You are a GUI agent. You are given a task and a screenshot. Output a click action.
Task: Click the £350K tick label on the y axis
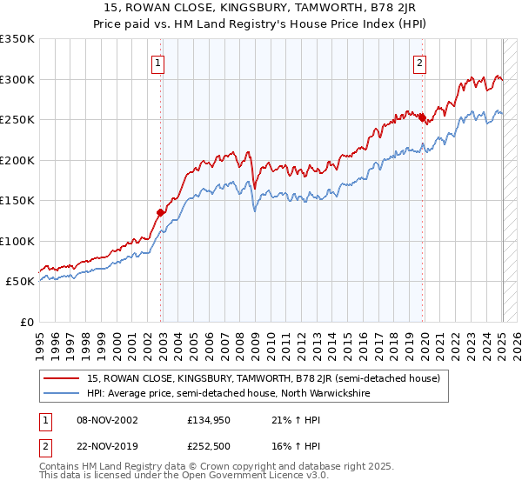[17, 39]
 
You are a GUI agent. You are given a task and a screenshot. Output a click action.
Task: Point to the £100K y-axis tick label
[17, 241]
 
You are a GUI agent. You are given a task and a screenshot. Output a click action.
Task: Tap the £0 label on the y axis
[26, 322]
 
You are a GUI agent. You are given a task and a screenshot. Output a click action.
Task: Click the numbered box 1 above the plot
[158, 63]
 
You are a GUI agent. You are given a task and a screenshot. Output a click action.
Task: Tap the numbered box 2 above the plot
[420, 63]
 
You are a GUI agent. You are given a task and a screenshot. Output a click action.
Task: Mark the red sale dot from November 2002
[161, 212]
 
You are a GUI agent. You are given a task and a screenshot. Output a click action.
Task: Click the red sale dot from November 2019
[423, 117]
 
